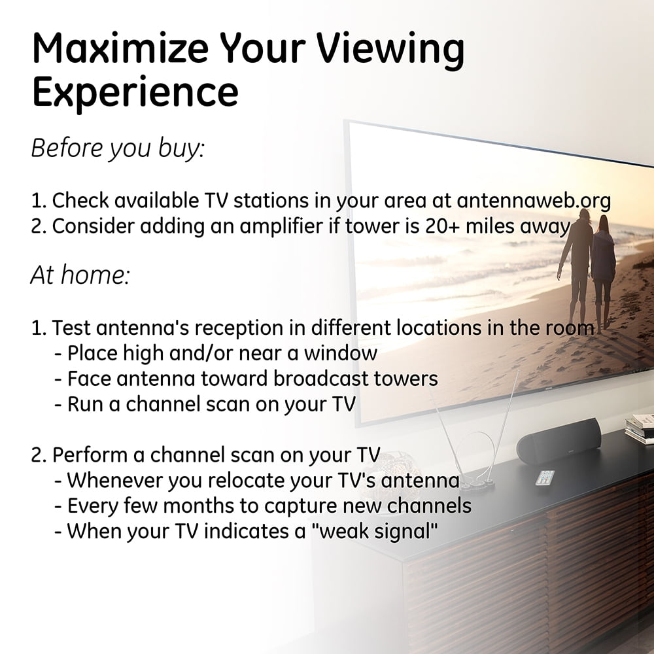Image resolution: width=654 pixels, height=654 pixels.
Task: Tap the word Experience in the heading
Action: (135, 93)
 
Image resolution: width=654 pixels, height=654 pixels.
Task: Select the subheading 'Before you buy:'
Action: (118, 148)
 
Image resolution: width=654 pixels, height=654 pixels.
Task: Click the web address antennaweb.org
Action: (534, 201)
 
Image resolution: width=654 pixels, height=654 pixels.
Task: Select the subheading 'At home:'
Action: (80, 275)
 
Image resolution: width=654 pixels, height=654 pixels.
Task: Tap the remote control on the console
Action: (545, 477)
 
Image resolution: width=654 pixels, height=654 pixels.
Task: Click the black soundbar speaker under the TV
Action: (559, 441)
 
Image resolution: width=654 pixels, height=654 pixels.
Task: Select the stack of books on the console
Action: (640, 428)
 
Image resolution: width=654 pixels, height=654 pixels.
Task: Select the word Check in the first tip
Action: (80, 201)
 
